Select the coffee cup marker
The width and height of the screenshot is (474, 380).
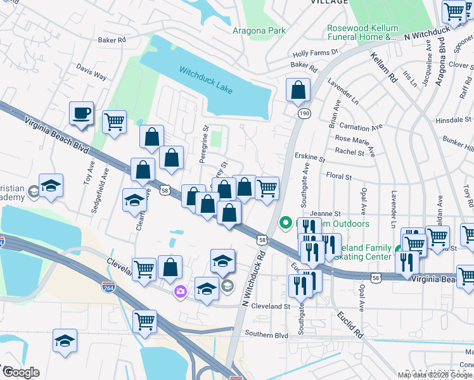coord(81,114)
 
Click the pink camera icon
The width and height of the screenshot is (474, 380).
coord(181,291)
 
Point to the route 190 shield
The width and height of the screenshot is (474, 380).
coord(304,112)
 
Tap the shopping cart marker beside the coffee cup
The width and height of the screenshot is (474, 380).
coord(113,121)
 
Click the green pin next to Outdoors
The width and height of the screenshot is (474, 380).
coord(285,223)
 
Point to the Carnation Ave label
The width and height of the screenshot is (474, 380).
coord(361,127)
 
